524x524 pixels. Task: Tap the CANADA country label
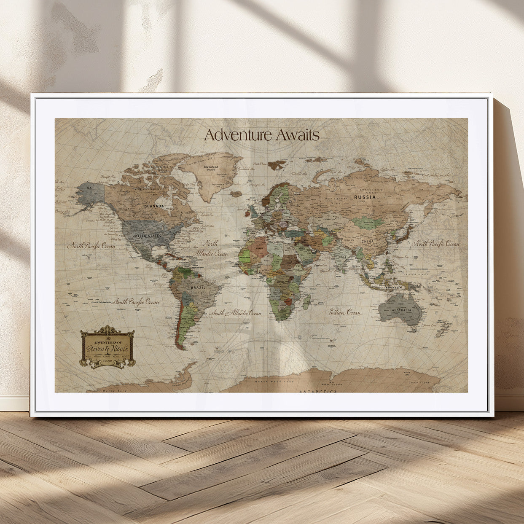[155, 206]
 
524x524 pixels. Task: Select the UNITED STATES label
[146, 235]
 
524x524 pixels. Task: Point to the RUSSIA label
[365, 197]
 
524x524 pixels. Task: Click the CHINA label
[367, 242]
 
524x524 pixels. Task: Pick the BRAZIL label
[198, 287]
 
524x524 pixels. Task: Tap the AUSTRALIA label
[401, 310]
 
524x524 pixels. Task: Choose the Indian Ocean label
[345, 312]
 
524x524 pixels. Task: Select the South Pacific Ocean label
[136, 302]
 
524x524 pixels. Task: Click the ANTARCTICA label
[318, 392]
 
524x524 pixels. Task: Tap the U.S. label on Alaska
[89, 187]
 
